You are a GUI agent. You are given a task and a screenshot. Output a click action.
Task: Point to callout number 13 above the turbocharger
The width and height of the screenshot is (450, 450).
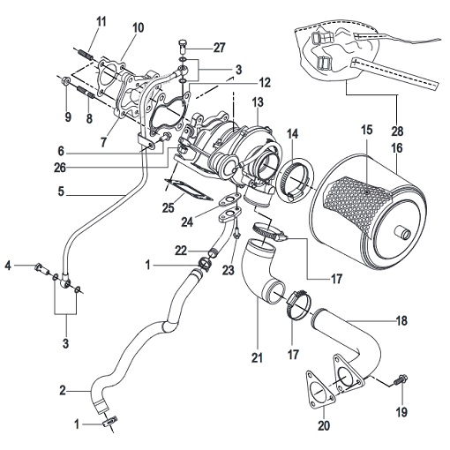pyautogui.click(x=258, y=103)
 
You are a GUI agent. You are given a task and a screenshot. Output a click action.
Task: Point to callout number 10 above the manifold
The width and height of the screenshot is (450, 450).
pyautogui.click(x=137, y=27)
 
